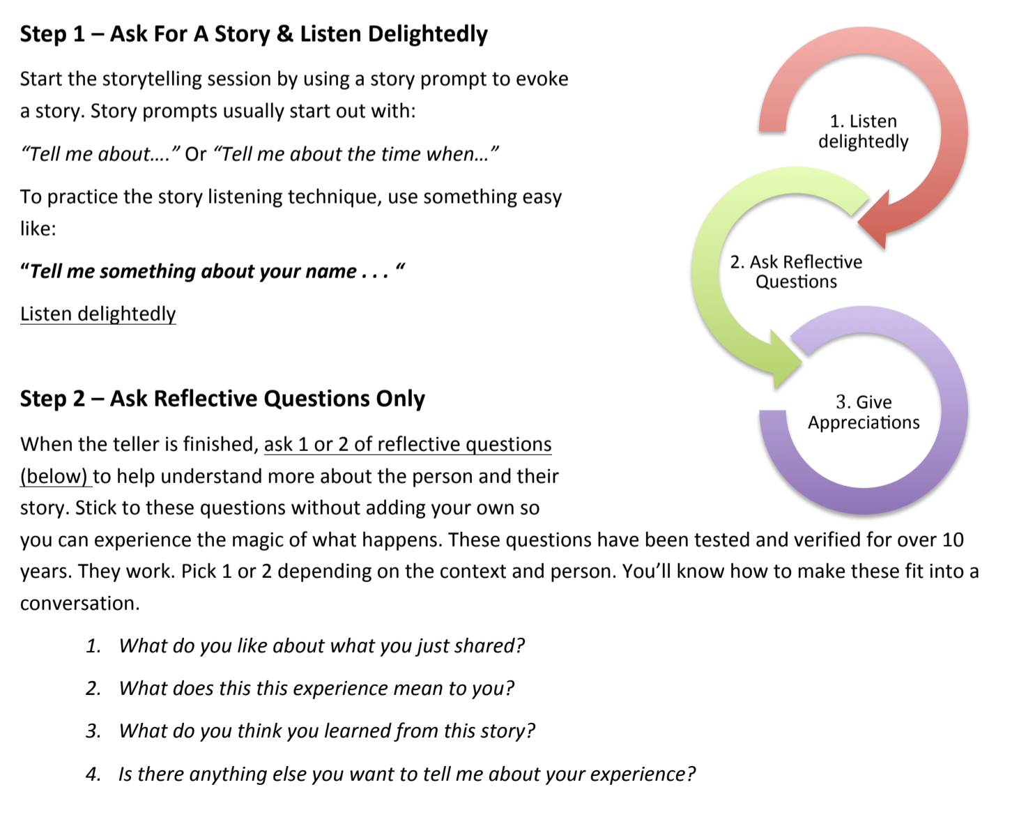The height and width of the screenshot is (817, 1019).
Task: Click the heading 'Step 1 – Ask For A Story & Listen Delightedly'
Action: coord(254,34)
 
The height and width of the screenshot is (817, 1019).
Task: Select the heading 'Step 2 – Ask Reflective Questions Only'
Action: coord(222,399)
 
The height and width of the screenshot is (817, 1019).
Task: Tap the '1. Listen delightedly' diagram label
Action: coord(863,131)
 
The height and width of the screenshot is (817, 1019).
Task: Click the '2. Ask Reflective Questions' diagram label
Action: coord(796,272)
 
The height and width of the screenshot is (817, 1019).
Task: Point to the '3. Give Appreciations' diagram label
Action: coord(864,413)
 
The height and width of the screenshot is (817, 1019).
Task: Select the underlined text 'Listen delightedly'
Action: coord(98,314)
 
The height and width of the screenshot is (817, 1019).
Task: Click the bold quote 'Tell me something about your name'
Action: coord(194,271)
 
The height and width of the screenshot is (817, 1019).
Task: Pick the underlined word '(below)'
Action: coord(54,476)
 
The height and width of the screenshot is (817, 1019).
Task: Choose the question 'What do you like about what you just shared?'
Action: coord(321,646)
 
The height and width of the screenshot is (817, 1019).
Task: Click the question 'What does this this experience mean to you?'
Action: coord(316,689)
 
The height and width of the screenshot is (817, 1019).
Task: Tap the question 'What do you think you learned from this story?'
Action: coord(327,731)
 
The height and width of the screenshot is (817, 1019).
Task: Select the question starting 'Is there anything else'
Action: coord(407,774)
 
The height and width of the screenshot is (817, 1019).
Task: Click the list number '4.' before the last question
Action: coord(93,774)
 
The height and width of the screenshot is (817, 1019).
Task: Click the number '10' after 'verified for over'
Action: coord(953,540)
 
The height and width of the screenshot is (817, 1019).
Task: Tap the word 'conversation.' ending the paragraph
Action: coord(79,604)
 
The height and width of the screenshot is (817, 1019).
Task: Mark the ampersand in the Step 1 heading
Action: coord(284,34)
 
